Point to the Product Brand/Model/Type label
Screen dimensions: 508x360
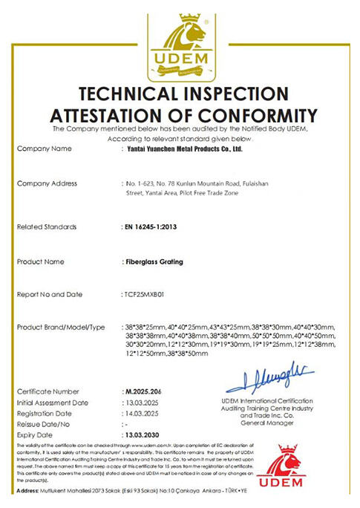coord(66,328)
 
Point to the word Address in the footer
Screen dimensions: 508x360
coord(29,492)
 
